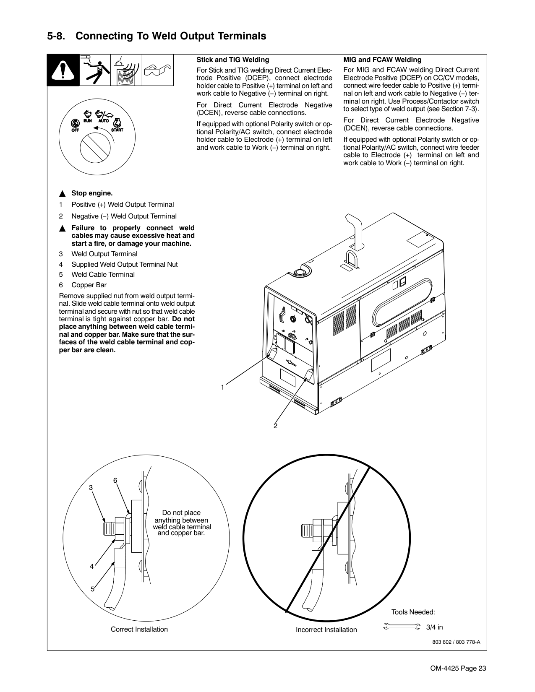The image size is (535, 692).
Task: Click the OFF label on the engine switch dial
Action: click(75, 130)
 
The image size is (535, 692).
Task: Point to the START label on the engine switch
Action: click(117, 130)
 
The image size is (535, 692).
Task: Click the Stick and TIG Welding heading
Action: click(233, 60)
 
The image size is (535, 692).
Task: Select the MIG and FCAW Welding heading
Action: click(382, 60)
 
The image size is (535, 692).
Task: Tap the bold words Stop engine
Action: click(92, 193)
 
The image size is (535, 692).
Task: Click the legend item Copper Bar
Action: click(89, 285)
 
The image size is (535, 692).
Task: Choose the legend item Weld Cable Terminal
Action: click(103, 275)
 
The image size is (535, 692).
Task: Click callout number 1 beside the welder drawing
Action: click(223, 388)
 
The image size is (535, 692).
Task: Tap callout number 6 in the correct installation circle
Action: click(115, 480)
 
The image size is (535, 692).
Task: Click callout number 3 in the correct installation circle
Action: click(90, 488)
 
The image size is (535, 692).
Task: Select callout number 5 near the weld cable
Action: click(92, 589)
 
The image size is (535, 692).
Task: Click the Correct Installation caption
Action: click(139, 629)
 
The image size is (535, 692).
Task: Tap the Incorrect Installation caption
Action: click(326, 630)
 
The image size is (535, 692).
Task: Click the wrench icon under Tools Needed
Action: click(402, 627)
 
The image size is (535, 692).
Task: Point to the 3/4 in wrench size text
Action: click(434, 627)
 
